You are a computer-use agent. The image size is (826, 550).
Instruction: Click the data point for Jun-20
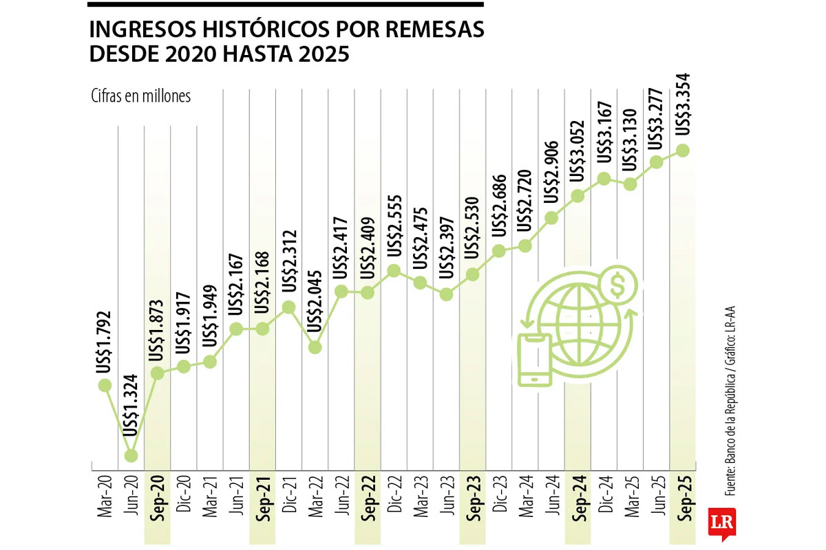click(131, 455)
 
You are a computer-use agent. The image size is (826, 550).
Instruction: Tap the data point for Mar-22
click(315, 347)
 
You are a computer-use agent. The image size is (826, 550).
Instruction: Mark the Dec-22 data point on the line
click(394, 270)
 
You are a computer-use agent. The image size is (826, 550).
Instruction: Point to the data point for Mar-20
click(105, 386)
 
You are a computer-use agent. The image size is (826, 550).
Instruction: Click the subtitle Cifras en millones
click(140, 96)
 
